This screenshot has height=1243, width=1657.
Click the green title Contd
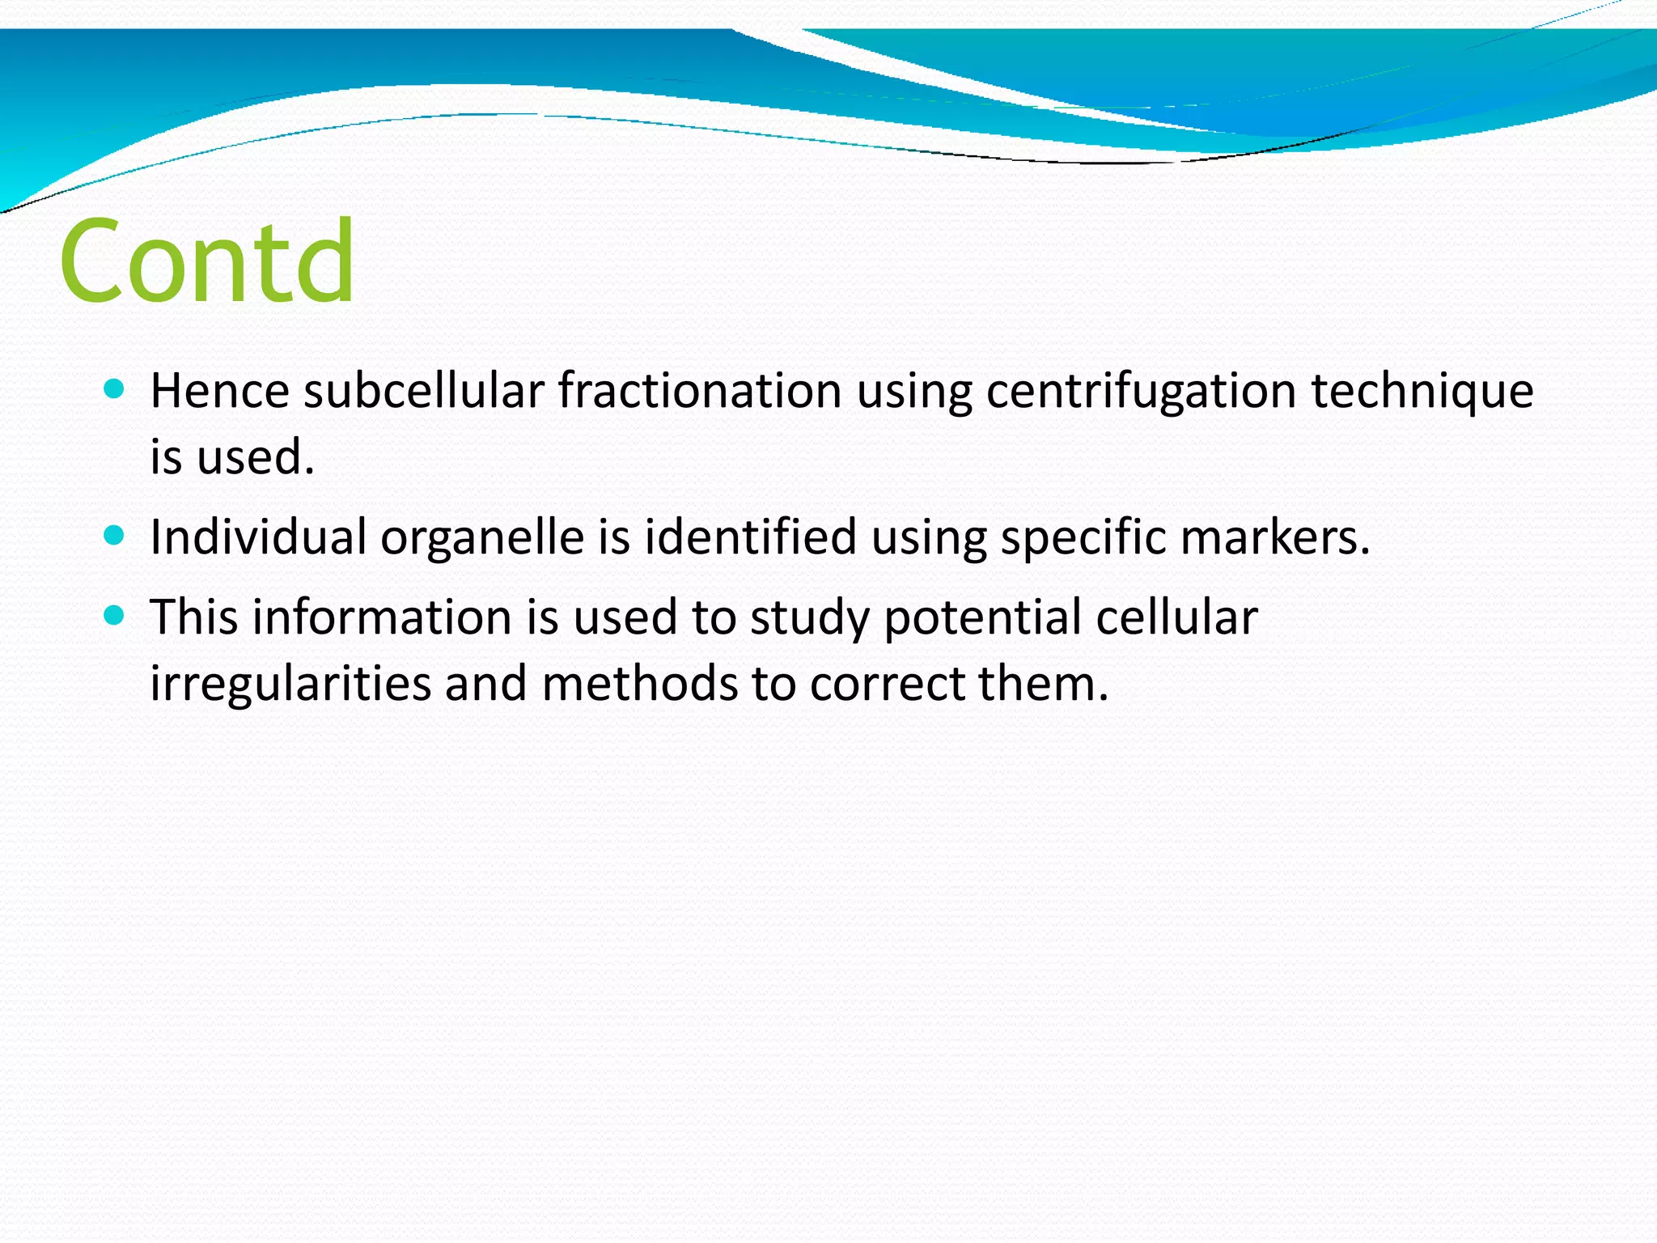pos(207,261)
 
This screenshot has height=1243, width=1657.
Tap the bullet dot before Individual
pos(114,536)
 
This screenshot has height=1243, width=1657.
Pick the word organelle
pos(482,538)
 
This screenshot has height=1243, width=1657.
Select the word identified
pos(750,537)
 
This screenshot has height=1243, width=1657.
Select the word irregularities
pos(290,685)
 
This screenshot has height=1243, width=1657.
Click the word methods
pos(639,683)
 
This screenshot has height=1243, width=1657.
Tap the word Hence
pos(219,391)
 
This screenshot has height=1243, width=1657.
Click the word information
pos(382,617)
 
